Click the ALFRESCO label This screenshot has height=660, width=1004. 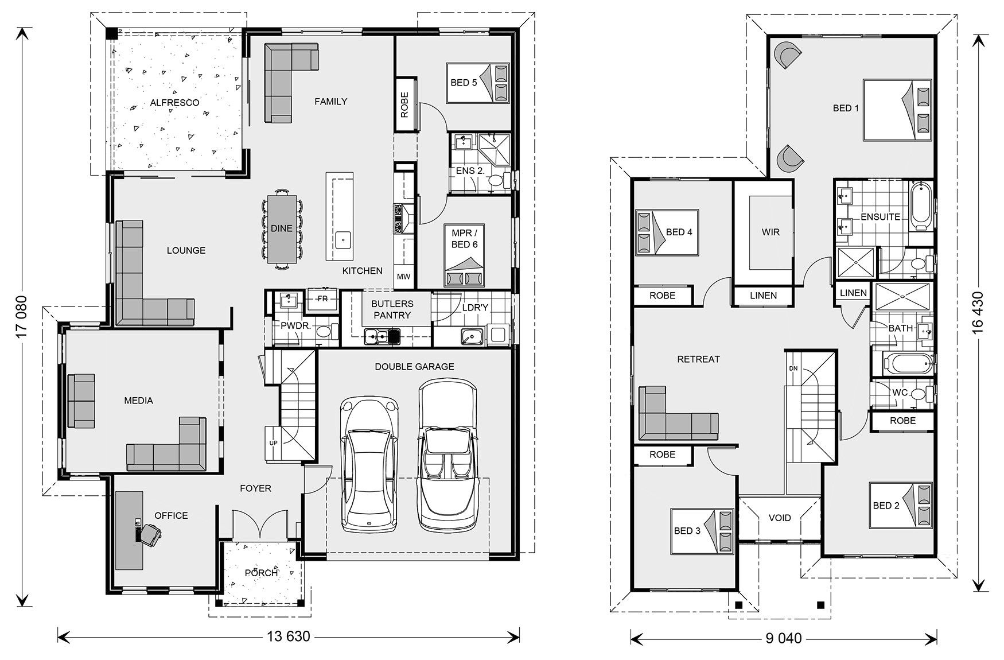[174, 103]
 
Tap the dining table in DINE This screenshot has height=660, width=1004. [282, 228]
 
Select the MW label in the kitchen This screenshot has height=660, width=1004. [403, 277]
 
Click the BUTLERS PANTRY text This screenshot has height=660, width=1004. [392, 309]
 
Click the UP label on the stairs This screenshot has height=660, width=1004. [273, 443]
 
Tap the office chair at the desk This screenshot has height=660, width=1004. [151, 535]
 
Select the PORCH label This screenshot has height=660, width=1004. [261, 573]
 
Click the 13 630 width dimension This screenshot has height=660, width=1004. [289, 637]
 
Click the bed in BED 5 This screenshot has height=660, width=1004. [478, 83]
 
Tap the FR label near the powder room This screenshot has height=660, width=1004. [322, 298]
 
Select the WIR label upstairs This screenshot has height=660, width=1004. [770, 232]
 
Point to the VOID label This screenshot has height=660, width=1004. [780, 518]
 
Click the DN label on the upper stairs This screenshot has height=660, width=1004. [793, 368]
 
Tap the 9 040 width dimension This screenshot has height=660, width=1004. [783, 637]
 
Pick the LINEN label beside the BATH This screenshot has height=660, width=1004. [853, 293]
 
